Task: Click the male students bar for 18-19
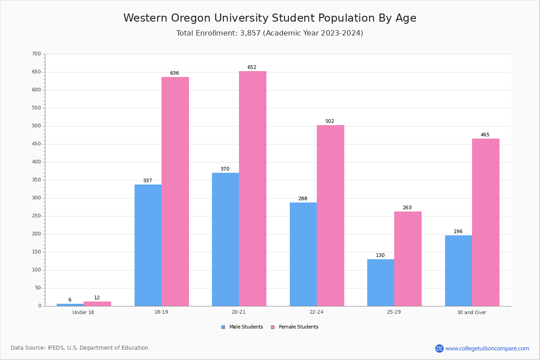(x=148, y=245)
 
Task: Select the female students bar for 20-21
(x=252, y=189)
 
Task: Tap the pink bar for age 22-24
(x=330, y=216)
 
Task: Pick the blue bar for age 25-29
(x=381, y=283)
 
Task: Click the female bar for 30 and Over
(x=486, y=222)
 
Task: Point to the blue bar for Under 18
(x=70, y=305)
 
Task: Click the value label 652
(x=252, y=67)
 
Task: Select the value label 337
(x=148, y=181)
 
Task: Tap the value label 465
(x=485, y=135)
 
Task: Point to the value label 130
(x=380, y=256)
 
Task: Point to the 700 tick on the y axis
(x=36, y=54)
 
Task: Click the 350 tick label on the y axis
(x=36, y=180)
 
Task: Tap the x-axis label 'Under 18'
(x=83, y=312)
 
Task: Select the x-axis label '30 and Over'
(x=472, y=312)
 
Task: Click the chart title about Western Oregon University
(x=270, y=18)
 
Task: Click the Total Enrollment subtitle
(x=270, y=33)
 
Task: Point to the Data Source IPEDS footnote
(x=80, y=348)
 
